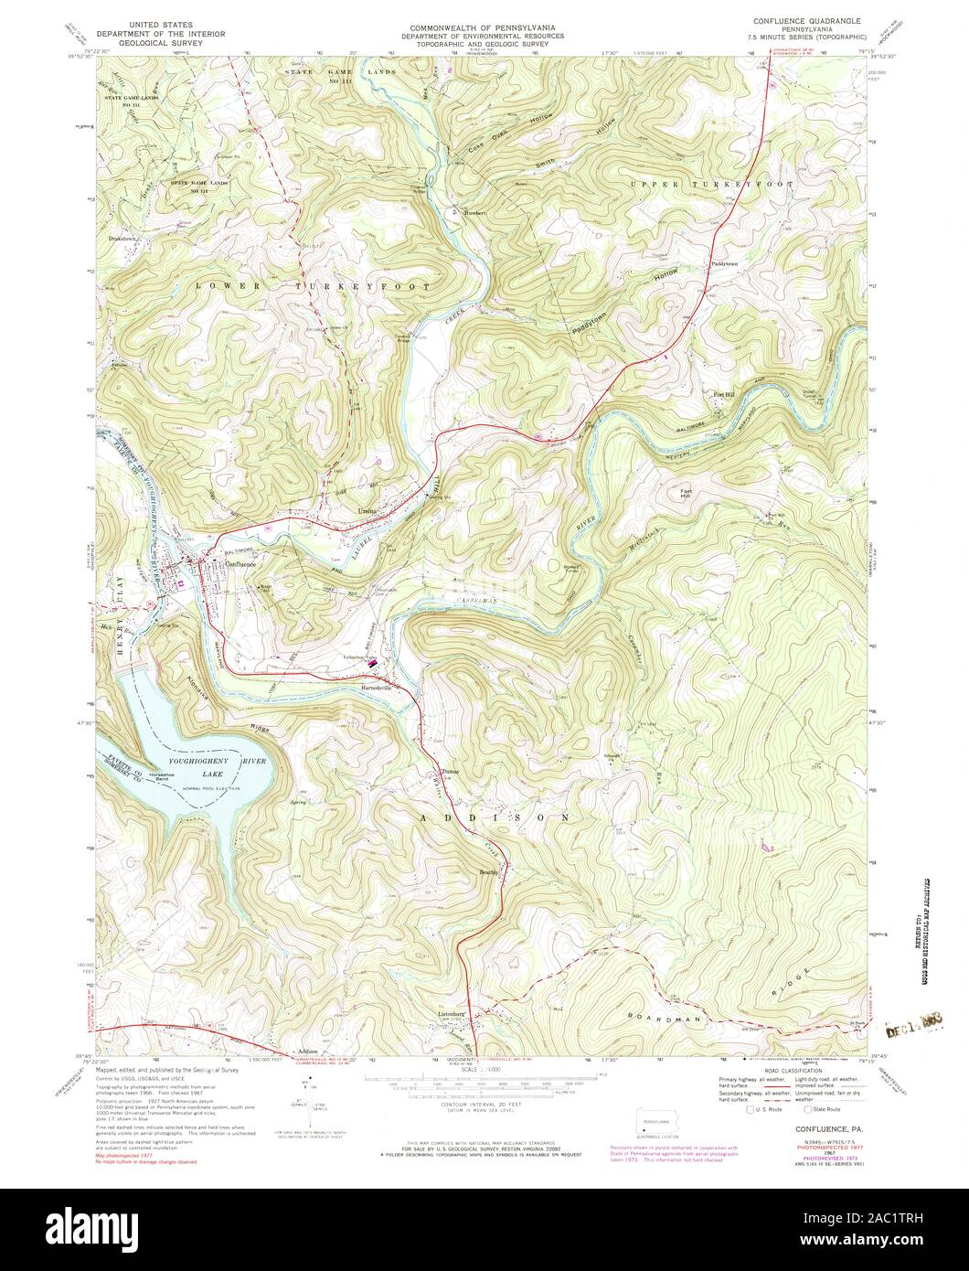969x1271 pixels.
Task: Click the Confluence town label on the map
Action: tap(240, 564)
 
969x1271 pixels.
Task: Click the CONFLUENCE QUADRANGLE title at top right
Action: tap(807, 19)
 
